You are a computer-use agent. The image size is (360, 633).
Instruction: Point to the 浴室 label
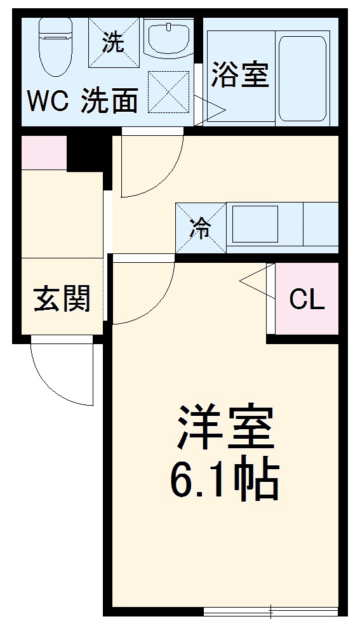click(x=240, y=74)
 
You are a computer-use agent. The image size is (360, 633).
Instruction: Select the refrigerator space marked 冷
click(x=201, y=228)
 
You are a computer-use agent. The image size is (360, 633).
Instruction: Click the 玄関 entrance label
click(x=62, y=298)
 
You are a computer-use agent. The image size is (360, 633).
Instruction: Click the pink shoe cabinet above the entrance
click(x=44, y=153)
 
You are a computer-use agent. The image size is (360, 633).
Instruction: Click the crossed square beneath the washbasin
click(x=168, y=93)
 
